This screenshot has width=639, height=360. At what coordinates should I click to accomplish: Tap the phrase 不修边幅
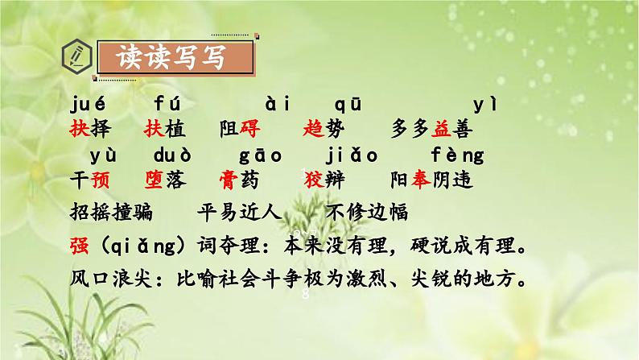pyautogui.click(x=369, y=213)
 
